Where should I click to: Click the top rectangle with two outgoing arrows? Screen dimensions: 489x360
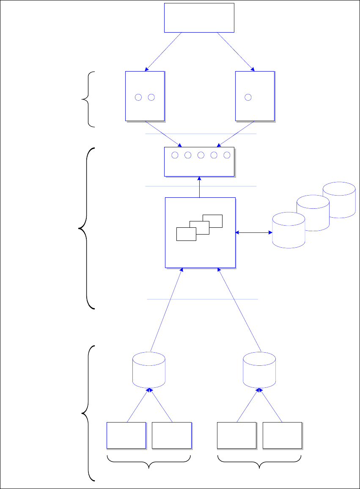pyautogui.click(x=199, y=17)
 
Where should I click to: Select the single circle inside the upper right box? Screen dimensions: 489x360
pyautogui.click(x=248, y=97)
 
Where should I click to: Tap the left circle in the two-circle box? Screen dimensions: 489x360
pyautogui.click(x=138, y=97)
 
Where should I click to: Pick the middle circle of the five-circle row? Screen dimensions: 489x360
pyautogui.click(x=201, y=155)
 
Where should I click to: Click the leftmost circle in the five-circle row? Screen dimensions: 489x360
pyautogui.click(x=175, y=155)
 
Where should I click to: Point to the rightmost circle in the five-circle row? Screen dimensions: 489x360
pyautogui.click(x=227, y=155)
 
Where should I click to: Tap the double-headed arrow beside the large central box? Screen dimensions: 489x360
pyautogui.click(x=254, y=232)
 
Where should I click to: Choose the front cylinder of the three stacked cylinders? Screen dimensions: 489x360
pyautogui.click(x=289, y=231)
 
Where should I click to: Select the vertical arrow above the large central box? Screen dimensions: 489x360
pyautogui.click(x=199, y=187)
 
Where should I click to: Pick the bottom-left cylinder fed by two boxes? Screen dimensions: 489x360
pyautogui.click(x=148, y=370)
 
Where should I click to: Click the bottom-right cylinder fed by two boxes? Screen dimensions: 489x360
pyautogui.click(x=259, y=370)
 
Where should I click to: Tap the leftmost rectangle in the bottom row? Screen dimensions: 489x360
pyautogui.click(x=126, y=435)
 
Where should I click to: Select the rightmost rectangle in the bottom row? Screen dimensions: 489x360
pyautogui.click(x=282, y=435)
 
